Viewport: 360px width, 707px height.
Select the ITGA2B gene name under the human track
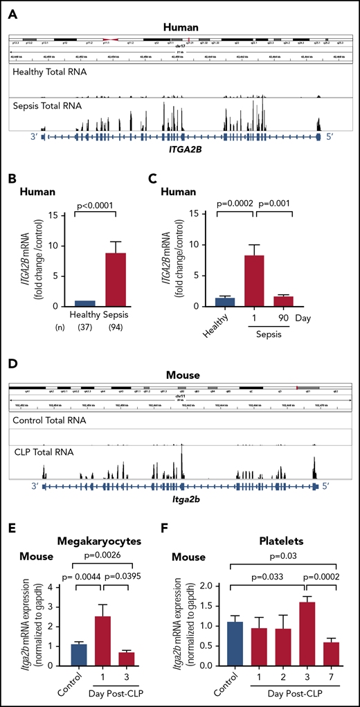coord(180,149)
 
